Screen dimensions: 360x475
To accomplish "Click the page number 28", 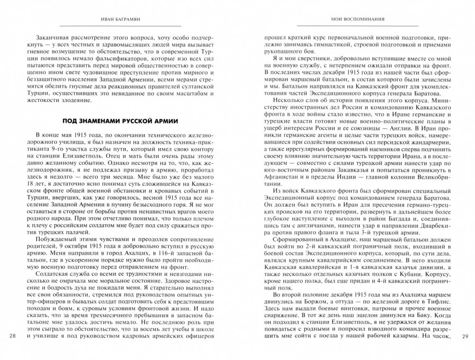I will click(x=13, y=337).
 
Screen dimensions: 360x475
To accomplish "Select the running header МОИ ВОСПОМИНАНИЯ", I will click(x=357, y=20).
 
